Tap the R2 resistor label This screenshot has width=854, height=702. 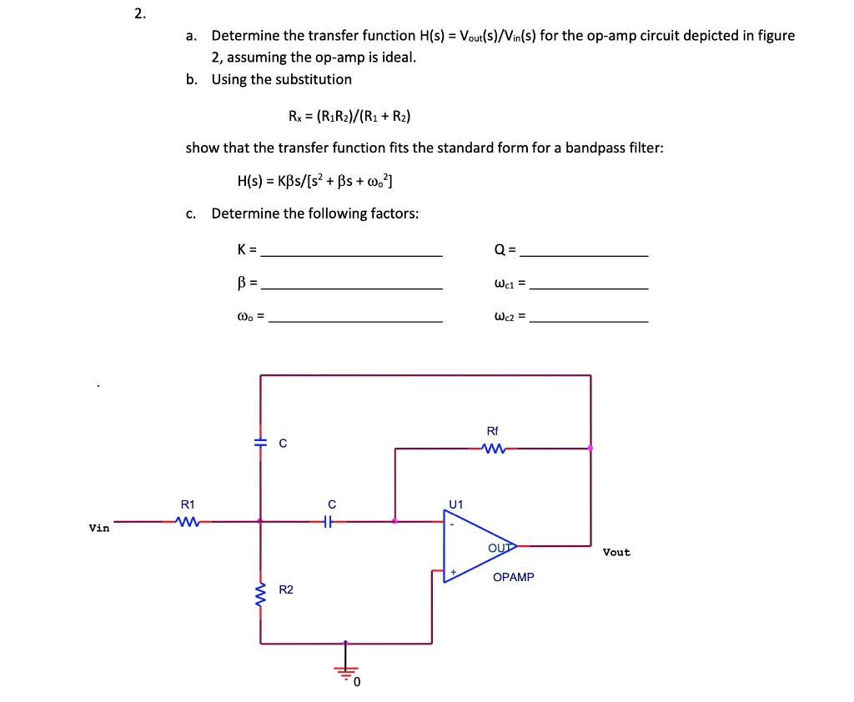point(286,590)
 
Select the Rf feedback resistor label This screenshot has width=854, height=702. point(492,431)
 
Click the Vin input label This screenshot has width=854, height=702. point(99,528)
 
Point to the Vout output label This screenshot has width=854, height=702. point(616,552)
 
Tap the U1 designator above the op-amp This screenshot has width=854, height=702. point(455,504)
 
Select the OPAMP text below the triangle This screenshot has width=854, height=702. point(513,577)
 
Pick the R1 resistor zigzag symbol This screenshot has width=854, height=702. point(188,522)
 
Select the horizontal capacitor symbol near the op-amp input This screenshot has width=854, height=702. point(330,522)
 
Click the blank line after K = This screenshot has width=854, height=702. point(351,255)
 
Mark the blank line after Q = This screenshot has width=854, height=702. point(589,255)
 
